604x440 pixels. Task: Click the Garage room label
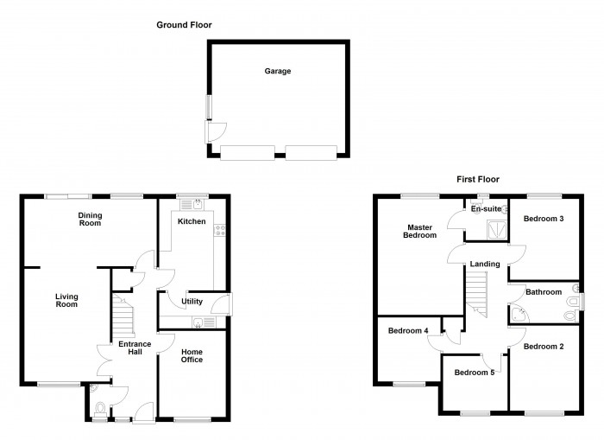277,71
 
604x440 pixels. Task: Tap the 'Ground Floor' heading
184,25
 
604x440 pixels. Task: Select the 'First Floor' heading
478,179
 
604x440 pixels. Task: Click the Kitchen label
192,222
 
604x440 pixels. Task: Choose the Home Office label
192,354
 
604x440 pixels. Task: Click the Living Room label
66,299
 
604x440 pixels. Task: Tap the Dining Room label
90,219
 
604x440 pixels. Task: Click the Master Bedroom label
421,231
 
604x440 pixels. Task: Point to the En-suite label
486,209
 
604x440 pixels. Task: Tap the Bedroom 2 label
544,346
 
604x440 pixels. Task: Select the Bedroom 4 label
408,330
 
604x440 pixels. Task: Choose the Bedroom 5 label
475,373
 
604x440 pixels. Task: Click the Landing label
484,264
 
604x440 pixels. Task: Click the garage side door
214,131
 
